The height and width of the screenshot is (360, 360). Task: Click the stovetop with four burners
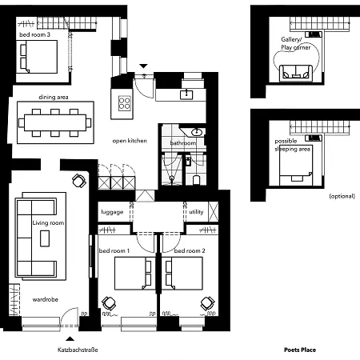click(x=126, y=102)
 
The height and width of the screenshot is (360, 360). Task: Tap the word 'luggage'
click(x=112, y=212)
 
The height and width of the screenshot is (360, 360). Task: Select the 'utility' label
click(x=197, y=212)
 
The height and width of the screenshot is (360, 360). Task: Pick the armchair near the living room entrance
click(x=79, y=180)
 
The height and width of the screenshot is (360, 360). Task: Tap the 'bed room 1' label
click(x=114, y=251)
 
